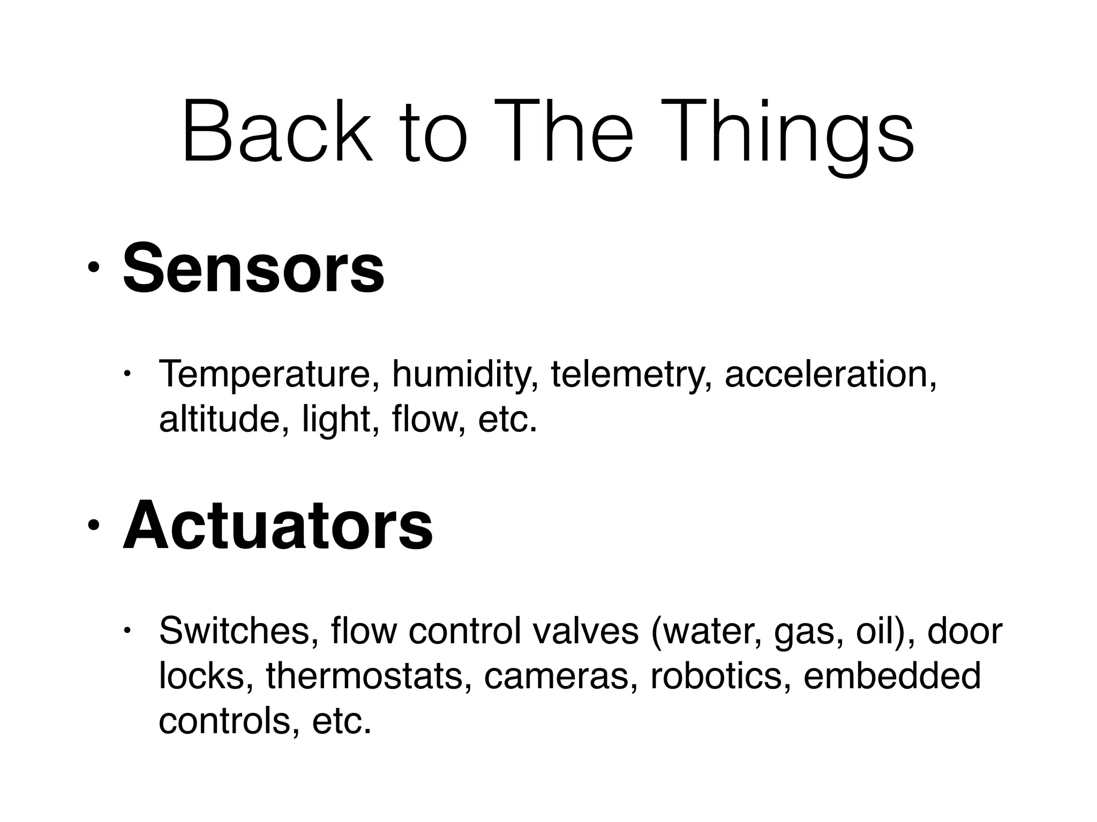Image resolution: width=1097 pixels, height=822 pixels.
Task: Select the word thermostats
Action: coord(364,675)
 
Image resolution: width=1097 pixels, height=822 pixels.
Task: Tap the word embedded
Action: coord(892,675)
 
